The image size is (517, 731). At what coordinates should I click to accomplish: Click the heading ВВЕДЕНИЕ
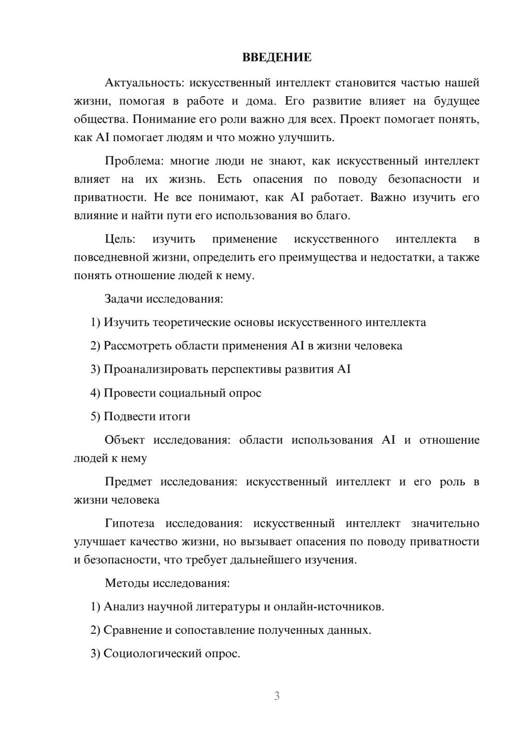pos(277,57)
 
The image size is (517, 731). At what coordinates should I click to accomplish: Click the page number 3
pos(277,696)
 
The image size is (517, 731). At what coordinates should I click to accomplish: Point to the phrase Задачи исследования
pos(163,299)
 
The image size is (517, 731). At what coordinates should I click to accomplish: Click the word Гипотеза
pos(129,523)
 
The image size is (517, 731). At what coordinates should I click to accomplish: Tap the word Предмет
pos(128,482)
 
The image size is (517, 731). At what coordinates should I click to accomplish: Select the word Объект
pos(125,440)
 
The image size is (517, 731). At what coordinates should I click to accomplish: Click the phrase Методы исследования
pos(167,583)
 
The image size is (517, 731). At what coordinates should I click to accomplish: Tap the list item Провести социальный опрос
pos(182,393)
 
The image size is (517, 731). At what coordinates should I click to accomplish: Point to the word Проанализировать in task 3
pos(155,369)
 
